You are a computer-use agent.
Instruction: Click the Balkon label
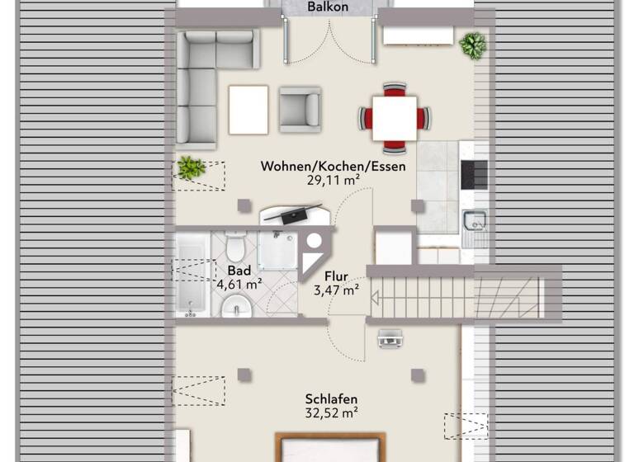[327, 7]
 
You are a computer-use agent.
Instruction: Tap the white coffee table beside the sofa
[248, 110]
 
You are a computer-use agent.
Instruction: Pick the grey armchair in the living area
[299, 109]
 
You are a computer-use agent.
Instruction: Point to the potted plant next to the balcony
[473, 45]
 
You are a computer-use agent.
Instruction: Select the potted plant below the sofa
[191, 168]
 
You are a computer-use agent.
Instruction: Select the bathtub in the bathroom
[192, 273]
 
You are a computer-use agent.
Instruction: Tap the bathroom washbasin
[236, 309]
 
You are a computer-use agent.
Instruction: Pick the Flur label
[337, 276]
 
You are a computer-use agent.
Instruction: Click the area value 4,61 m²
[239, 285]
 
